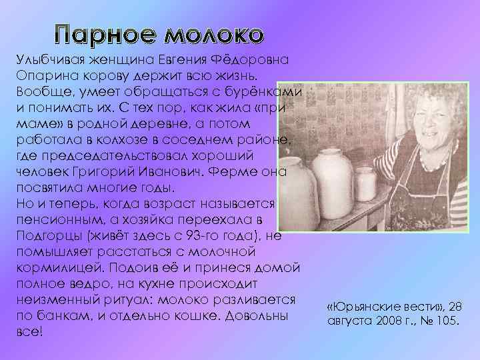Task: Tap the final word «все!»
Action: click(x=27, y=330)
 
